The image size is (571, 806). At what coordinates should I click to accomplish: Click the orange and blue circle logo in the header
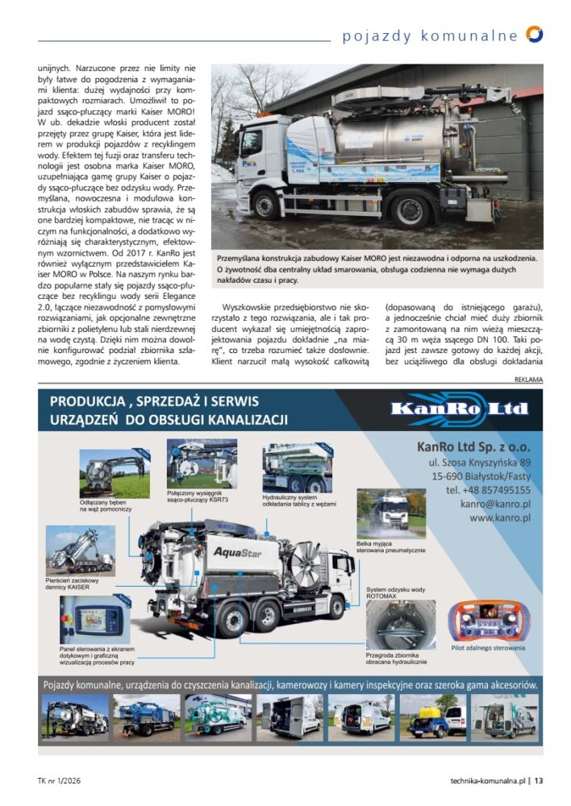click(534, 34)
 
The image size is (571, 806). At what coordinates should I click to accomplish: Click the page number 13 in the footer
click(539, 780)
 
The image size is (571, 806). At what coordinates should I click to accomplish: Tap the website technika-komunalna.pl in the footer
click(488, 780)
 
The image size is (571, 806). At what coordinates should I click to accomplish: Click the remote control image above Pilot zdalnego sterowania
click(482, 621)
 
